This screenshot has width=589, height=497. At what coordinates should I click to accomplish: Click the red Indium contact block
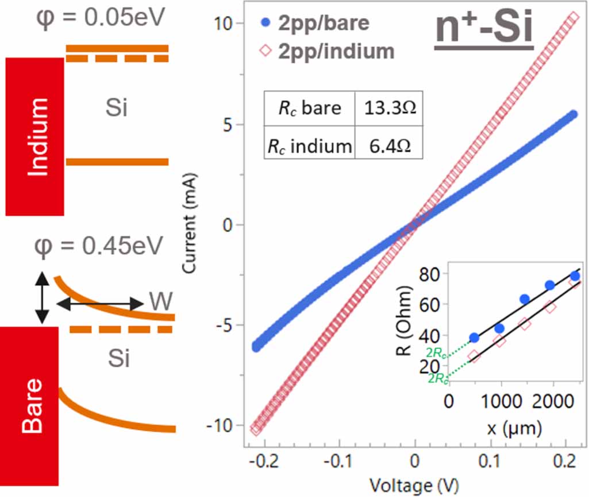click(34, 137)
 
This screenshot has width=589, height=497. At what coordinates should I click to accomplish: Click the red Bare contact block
click(29, 406)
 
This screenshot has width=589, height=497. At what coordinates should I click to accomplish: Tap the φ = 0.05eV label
click(101, 18)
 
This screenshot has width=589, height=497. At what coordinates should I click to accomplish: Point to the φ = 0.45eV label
click(98, 247)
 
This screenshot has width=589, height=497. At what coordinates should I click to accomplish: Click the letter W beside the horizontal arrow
click(161, 301)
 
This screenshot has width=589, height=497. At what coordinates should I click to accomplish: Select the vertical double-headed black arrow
click(42, 298)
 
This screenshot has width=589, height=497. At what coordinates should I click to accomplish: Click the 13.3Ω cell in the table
click(389, 108)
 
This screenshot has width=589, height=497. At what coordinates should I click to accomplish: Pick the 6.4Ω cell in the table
click(389, 146)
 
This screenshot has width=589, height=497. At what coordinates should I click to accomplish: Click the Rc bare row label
click(310, 108)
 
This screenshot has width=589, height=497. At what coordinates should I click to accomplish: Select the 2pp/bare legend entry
click(315, 23)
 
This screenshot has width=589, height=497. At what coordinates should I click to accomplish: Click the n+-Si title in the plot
click(484, 28)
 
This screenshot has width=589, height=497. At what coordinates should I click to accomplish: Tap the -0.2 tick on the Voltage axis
click(264, 461)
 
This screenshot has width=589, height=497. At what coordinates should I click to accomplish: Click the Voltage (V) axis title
click(414, 486)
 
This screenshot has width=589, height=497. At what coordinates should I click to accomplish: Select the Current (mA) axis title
click(189, 223)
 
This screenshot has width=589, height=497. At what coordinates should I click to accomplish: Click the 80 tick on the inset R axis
click(429, 274)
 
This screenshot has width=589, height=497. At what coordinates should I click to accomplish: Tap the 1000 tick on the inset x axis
click(501, 401)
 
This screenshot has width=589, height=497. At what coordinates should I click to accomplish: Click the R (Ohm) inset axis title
click(405, 320)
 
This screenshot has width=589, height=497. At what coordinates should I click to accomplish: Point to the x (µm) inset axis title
click(514, 428)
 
